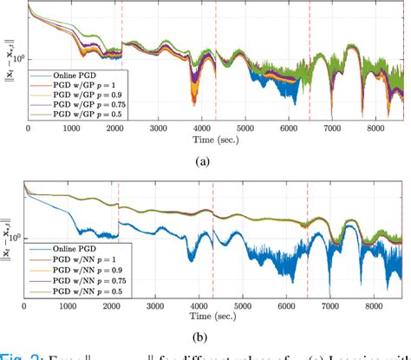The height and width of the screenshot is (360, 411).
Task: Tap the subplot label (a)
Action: coord(216,160)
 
